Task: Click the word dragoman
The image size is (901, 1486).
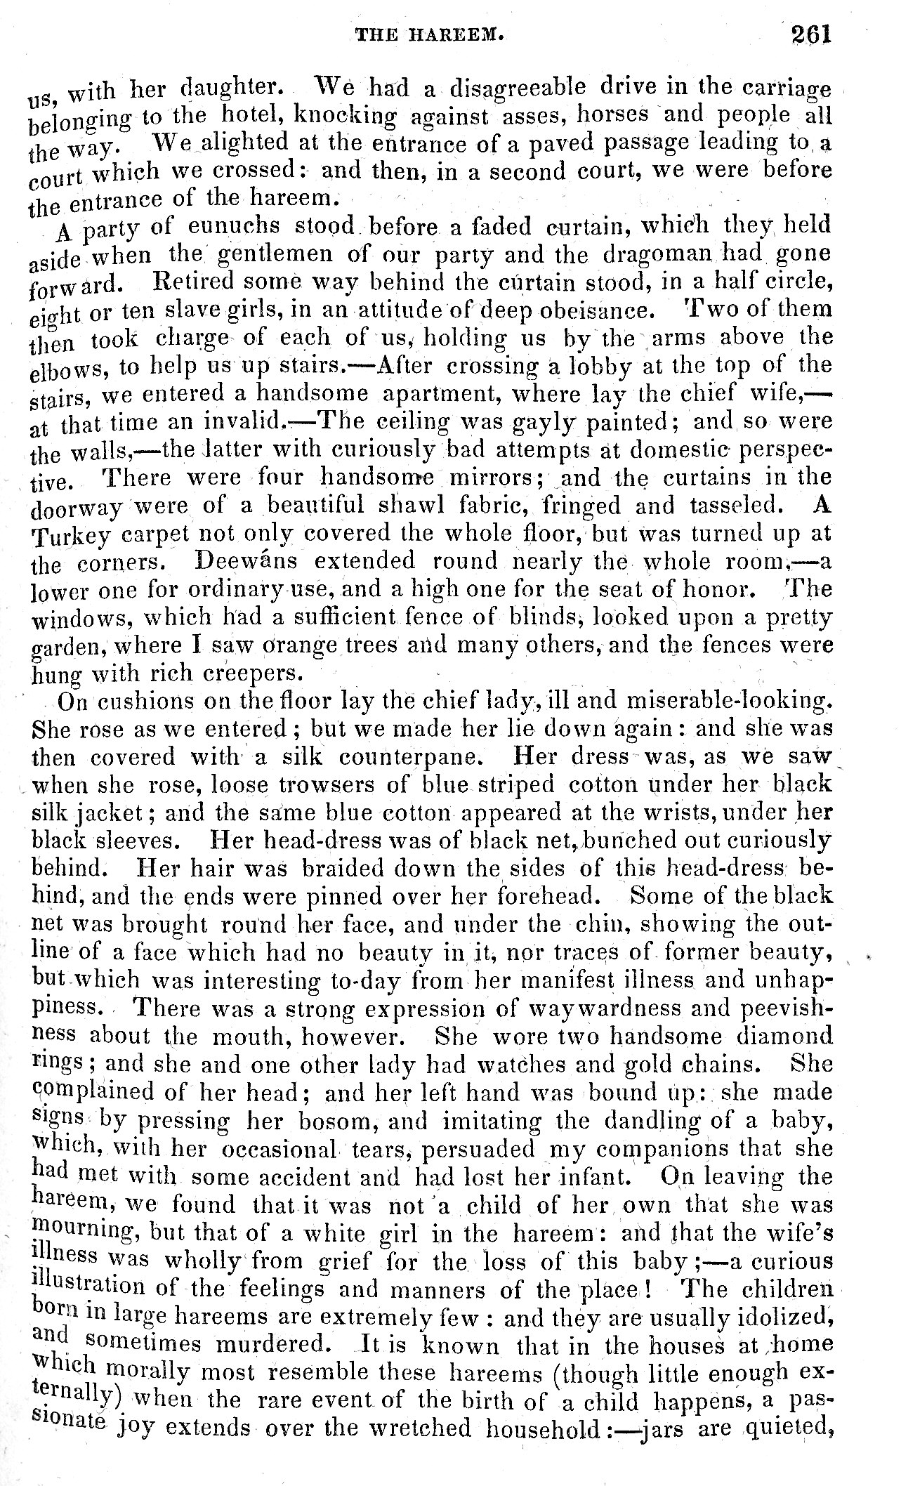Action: [655, 254]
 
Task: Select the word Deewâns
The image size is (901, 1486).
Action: [245, 561]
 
